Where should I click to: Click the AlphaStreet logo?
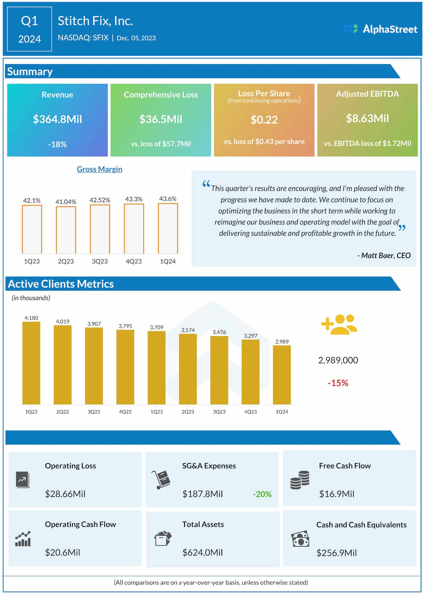381,29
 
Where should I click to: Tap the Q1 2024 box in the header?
30,29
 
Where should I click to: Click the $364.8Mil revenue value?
57,119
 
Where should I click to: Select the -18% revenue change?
57,144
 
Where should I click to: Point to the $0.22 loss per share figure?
264,120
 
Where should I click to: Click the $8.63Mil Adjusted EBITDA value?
367,119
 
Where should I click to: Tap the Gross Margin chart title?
100,169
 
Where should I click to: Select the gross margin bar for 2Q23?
66,230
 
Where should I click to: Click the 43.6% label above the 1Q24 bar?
168,199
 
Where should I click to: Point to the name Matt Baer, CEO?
384,255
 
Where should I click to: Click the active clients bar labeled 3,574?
188,369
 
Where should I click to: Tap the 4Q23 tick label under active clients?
250,412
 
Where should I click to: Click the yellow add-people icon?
339,324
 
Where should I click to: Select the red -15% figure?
338,383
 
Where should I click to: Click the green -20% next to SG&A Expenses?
262,494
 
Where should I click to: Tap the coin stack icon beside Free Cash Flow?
300,480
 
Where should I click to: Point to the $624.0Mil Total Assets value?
203,552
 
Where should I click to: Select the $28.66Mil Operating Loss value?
65,494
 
